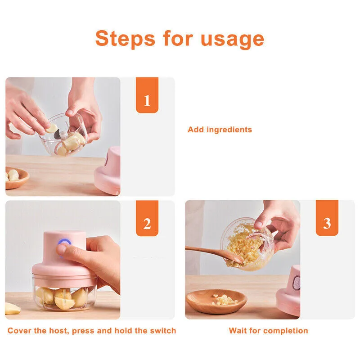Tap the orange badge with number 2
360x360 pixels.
click(147, 219)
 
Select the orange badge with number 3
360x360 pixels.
click(327, 219)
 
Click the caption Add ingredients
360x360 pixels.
click(220, 130)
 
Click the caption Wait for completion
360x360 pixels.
click(268, 331)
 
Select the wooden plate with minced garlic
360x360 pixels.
click(216, 301)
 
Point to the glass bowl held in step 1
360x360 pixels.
click(63, 135)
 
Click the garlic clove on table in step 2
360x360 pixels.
click(12, 310)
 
